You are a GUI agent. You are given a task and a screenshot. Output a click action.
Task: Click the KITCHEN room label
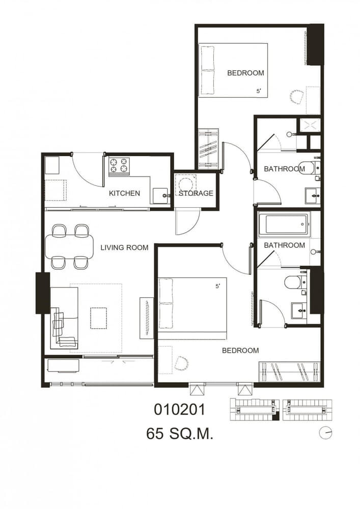pyautogui.click(x=124, y=193)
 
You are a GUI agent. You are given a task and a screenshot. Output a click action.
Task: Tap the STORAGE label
pyautogui.click(x=196, y=193)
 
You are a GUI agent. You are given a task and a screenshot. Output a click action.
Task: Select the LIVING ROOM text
pyautogui.click(x=124, y=247)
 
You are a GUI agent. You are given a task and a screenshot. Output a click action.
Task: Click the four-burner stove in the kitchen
pyautogui.click(x=119, y=165)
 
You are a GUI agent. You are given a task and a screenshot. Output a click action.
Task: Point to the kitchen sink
pyautogui.click(x=160, y=196)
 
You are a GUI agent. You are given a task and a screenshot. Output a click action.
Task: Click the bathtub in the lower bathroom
pyautogui.click(x=284, y=223)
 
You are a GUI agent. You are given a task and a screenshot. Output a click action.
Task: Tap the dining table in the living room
pyautogui.click(x=69, y=246)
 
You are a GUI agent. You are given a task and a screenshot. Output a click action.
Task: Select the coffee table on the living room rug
pyautogui.click(x=99, y=318)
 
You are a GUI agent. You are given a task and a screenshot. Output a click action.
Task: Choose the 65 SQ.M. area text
pyautogui.click(x=180, y=434)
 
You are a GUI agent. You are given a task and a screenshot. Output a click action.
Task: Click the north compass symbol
pyautogui.click(x=325, y=433)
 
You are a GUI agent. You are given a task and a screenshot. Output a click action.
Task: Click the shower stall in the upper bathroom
pyautogui.click(x=310, y=125)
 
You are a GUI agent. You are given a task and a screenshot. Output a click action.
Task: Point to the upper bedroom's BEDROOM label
pyautogui.click(x=246, y=73)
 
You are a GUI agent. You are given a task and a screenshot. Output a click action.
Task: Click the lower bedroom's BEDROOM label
pyautogui.click(x=240, y=350)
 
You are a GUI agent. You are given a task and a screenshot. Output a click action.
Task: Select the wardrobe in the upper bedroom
pyautogui.click(x=208, y=149)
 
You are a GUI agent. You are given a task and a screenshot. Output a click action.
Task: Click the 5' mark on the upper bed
pyautogui.click(x=259, y=91)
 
